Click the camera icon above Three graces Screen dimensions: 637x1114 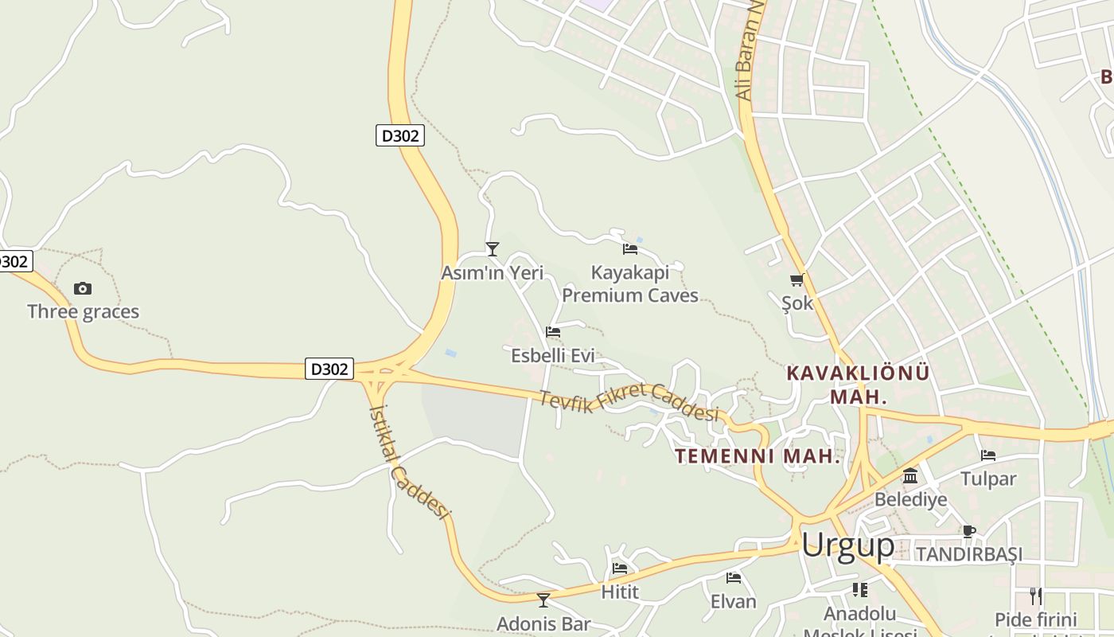83,288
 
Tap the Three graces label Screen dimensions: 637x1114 83,311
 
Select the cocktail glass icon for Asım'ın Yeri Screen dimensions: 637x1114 493,249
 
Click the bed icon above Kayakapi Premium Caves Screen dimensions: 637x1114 630,248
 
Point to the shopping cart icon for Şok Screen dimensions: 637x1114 797,279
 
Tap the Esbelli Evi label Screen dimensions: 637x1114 552,355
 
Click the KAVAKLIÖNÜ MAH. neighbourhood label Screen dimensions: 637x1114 858,384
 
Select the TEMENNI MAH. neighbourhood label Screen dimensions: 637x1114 758,456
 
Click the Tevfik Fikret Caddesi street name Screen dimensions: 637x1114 629,402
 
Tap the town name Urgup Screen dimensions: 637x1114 847,545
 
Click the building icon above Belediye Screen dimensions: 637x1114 910,476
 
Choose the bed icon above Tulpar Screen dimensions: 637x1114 988,455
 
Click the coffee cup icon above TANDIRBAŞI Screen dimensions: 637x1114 968,531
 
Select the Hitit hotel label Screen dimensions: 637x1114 620,592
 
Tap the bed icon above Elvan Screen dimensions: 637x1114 734,577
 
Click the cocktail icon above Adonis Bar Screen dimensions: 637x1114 543,600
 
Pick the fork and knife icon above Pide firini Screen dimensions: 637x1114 1035,595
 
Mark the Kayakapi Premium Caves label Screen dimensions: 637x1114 630,284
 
